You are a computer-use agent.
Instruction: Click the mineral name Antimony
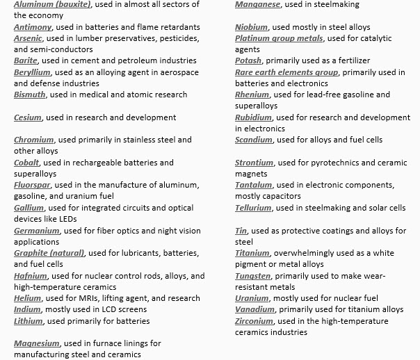coord(33,27)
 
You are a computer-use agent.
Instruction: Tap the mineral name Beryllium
coord(33,72)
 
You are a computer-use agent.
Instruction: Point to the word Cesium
coord(27,117)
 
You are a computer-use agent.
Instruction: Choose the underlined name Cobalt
coord(28,163)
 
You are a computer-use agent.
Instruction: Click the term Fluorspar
coord(33,186)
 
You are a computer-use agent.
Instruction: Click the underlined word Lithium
coord(29,321)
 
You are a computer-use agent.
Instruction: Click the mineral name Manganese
coord(257,5)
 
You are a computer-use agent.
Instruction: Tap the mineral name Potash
coord(248,61)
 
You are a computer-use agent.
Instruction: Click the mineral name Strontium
coord(254,163)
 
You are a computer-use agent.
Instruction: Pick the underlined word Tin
coord(241,231)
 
